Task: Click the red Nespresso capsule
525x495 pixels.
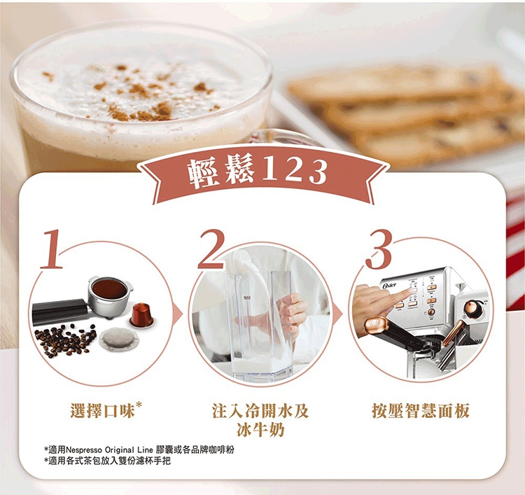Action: click(141, 315)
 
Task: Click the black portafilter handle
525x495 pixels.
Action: click(59, 310)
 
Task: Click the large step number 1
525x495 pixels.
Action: click(52, 249)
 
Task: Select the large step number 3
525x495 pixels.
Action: click(379, 249)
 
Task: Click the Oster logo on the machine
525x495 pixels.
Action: click(388, 286)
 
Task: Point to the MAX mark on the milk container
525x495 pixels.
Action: click(247, 298)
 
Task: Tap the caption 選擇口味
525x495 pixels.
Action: click(102, 410)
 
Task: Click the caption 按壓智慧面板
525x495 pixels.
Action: click(421, 410)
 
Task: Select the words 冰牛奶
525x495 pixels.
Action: click(260, 430)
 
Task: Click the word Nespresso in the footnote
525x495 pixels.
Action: click(84, 449)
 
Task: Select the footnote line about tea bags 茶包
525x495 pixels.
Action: click(107, 461)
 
